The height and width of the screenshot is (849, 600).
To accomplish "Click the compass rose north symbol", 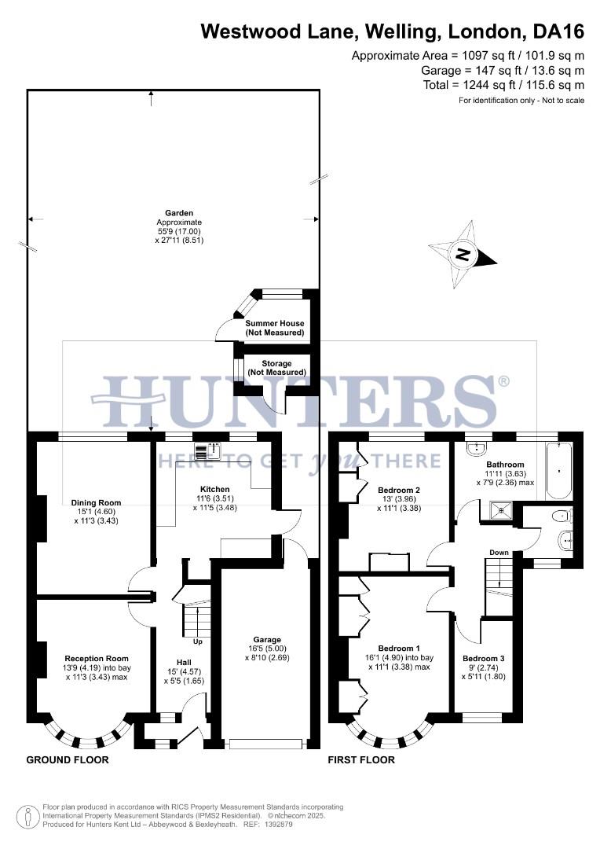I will click(463, 255).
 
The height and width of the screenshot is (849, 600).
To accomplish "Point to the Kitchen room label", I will click(192, 490).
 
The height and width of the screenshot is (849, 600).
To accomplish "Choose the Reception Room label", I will click(97, 658).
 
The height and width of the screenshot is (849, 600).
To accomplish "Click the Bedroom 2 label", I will click(399, 490).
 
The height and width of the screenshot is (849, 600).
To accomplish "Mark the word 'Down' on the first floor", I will click(499, 553).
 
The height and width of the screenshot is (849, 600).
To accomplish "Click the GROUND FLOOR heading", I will click(68, 760).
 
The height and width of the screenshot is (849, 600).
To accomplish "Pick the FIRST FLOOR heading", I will click(361, 760).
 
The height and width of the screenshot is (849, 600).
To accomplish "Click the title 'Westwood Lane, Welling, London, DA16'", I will click(393, 31).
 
